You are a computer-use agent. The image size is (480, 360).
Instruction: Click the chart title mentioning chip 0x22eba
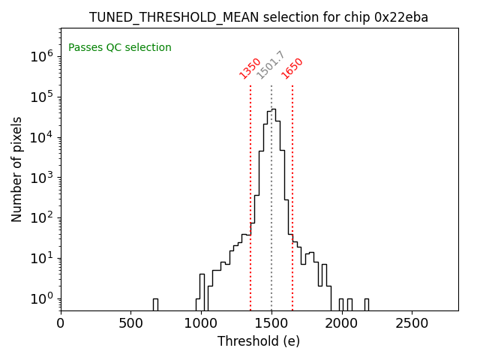coord(259,17)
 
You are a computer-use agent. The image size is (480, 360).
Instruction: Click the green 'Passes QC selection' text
coord(120,48)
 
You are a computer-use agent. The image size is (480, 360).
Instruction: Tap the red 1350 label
coord(250,68)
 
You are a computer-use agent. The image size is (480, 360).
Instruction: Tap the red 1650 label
coord(292,68)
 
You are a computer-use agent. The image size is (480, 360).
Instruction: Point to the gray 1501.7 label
coord(271,65)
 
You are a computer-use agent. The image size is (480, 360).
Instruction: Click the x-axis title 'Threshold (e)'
coord(259,341)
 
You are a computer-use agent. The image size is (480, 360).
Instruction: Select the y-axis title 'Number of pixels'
coord(17,169)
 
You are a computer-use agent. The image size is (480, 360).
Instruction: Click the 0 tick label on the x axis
coord(61,323)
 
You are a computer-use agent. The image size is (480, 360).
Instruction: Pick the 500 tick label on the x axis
coord(131,323)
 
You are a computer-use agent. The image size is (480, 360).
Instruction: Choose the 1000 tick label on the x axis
coord(201,323)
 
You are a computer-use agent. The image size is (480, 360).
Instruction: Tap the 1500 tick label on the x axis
coord(271,323)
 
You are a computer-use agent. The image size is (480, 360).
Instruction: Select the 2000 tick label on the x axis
coord(341,323)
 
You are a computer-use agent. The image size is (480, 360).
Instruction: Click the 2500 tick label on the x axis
coord(412,323)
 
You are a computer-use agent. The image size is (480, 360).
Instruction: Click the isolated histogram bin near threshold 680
coord(155,304)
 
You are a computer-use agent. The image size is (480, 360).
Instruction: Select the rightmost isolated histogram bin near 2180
coord(366,304)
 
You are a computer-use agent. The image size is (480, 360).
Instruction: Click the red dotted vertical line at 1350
coord(250,187)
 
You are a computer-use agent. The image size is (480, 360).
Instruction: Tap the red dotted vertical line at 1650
coord(292,187)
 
